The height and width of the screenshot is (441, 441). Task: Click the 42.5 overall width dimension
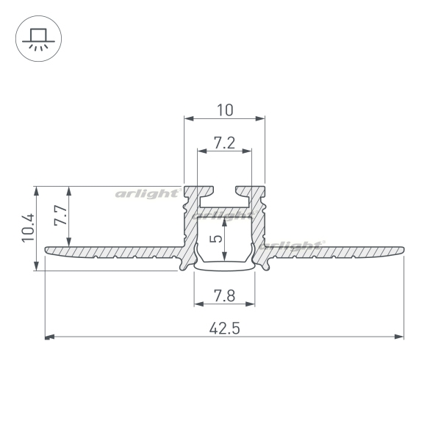tap(224, 329)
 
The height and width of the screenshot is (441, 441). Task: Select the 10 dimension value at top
tap(225, 110)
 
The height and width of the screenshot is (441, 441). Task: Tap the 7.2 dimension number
tap(224, 143)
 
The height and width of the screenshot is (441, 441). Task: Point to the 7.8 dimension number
tap(224, 296)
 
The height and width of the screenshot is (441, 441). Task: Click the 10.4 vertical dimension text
tap(29, 227)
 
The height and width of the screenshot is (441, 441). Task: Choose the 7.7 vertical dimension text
tap(61, 215)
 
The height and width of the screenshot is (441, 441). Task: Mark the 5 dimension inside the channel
tap(217, 238)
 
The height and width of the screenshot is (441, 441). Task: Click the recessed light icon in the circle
tap(38, 40)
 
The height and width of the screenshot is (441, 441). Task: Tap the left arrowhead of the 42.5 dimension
tap(49, 337)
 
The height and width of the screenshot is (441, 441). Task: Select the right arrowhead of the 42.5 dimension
tap(399, 337)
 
